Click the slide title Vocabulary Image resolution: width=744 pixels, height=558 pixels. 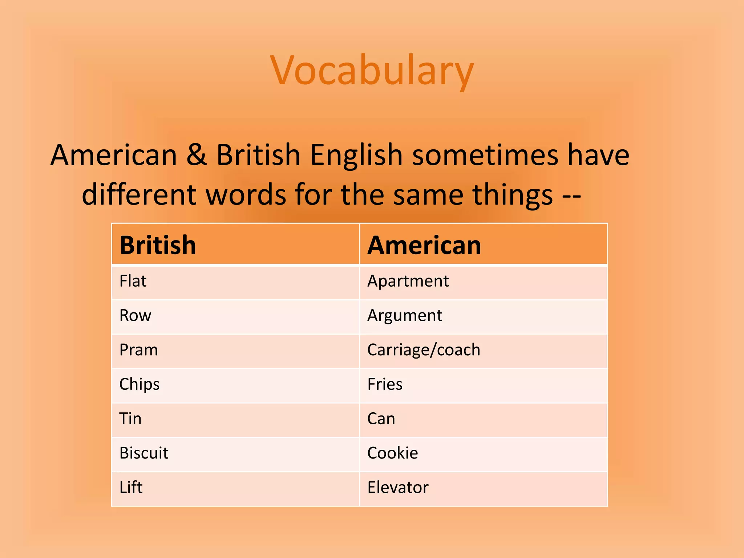point(372,70)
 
